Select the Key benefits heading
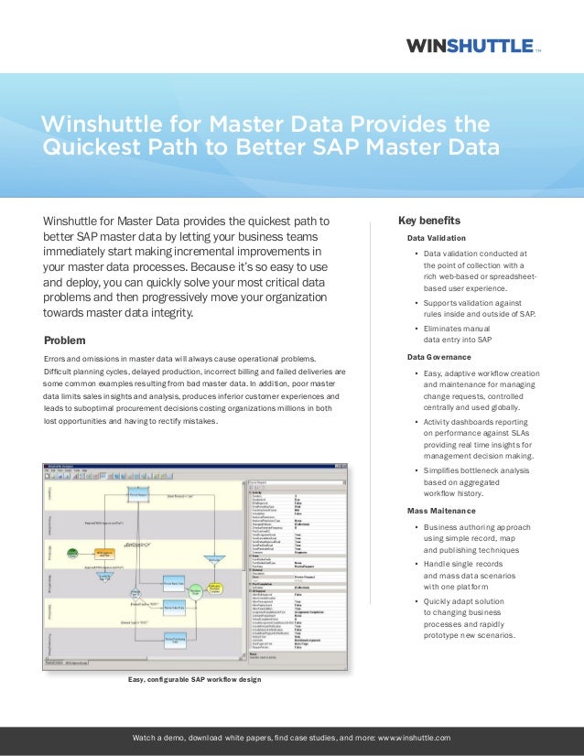429,221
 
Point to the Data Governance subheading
439,356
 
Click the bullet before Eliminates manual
416,329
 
